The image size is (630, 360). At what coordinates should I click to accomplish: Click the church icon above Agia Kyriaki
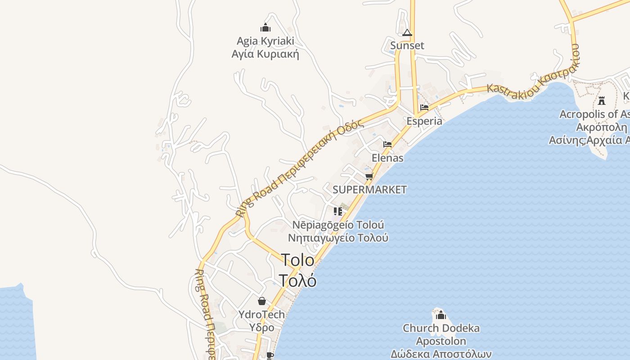[265, 27]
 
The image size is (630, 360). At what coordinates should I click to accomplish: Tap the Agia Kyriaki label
[265, 41]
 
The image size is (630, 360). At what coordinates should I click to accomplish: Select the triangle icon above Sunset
[407, 32]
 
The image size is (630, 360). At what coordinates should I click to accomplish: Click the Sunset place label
[407, 45]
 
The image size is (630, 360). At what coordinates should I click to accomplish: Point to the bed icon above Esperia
[424, 108]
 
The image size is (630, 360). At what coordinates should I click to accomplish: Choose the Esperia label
[424, 121]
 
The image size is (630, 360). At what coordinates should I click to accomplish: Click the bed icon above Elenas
[387, 144]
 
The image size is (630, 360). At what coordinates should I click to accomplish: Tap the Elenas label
[387, 158]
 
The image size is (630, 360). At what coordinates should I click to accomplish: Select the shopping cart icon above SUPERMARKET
[369, 176]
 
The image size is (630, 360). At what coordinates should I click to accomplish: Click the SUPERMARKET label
[369, 190]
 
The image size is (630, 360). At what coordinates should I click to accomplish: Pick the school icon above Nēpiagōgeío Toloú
[338, 211]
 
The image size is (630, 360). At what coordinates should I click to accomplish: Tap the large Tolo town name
[298, 260]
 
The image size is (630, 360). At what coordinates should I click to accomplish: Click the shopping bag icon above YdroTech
[262, 301]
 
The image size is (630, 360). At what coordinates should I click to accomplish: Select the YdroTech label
[262, 314]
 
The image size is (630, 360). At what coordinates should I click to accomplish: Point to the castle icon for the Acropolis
[602, 101]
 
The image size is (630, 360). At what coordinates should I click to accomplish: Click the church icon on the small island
[441, 315]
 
